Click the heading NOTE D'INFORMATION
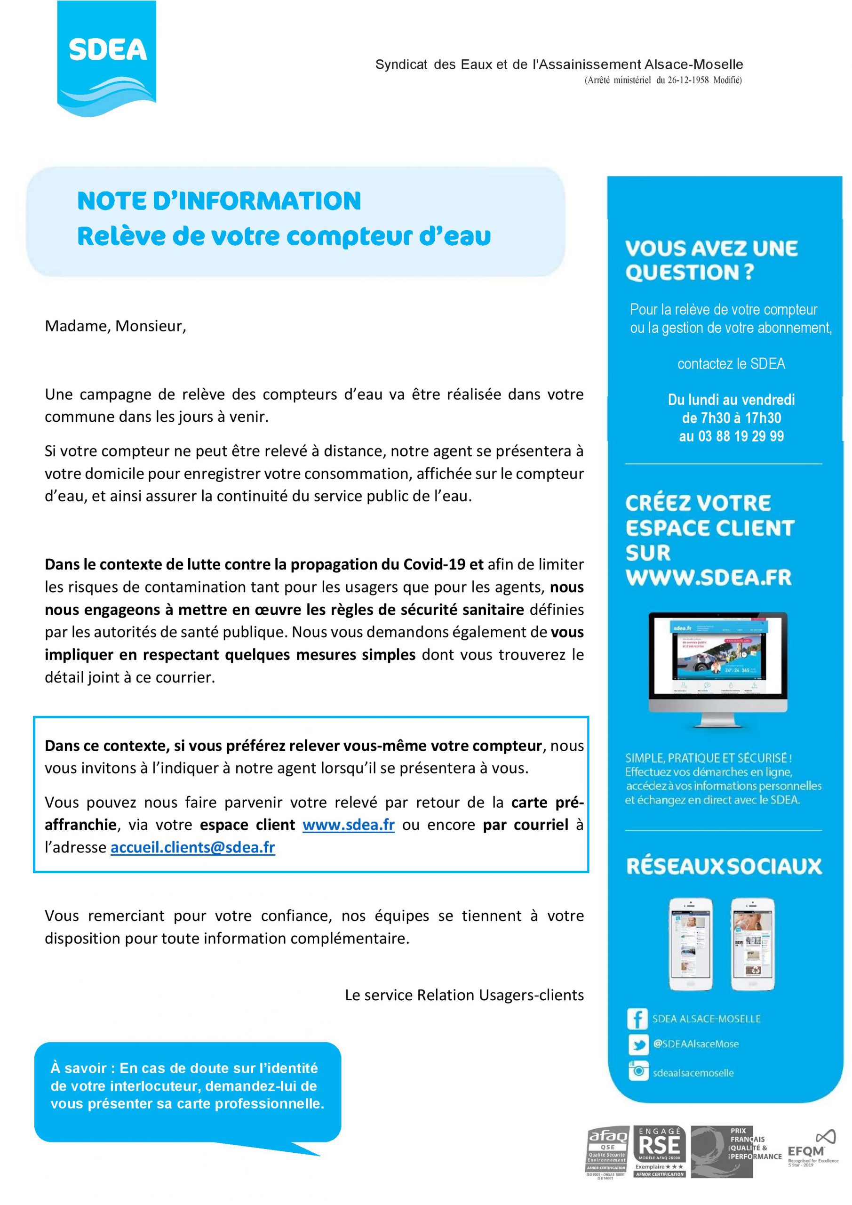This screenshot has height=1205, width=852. coord(219,201)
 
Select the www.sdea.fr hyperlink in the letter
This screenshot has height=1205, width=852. coord(348,825)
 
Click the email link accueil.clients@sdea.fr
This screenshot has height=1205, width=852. coord(192,847)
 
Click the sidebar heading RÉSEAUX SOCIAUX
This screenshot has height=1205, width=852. coord(724,867)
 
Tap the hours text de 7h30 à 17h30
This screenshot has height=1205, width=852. coord(732,418)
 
